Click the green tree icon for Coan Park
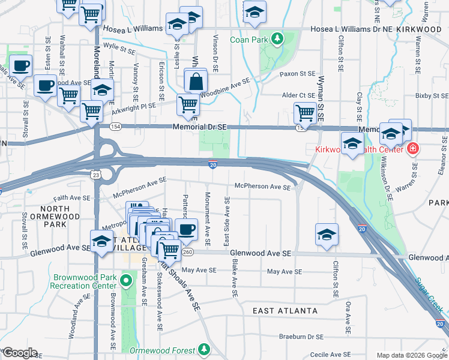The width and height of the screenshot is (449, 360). (277, 40)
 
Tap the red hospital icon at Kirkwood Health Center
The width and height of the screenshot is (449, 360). (412, 148)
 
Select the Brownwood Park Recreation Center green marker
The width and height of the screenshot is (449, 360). (126, 281)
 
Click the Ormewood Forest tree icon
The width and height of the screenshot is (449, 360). (204, 349)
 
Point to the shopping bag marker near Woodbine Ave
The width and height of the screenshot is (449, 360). (196, 82)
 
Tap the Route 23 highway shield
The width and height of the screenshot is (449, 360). (96, 174)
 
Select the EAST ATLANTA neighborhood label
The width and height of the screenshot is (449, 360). (285, 311)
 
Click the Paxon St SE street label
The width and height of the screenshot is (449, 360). (298, 74)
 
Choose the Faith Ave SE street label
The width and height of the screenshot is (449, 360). (71, 197)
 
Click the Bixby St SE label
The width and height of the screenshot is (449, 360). (432, 95)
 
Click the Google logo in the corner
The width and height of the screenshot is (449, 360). (19, 353)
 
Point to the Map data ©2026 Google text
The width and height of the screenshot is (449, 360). (411, 355)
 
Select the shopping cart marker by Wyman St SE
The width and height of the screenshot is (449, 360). (305, 113)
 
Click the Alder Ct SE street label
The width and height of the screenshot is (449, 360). (298, 95)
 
